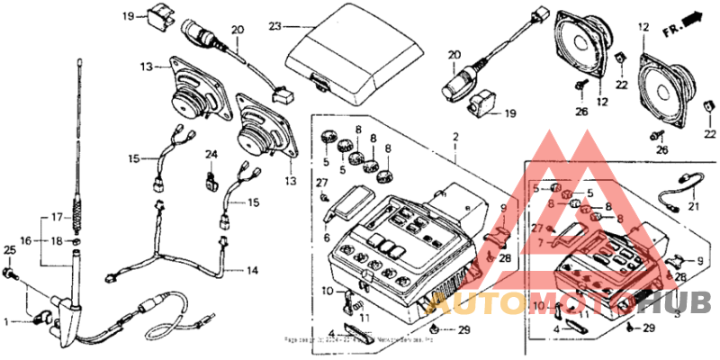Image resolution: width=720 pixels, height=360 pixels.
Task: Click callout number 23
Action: tap(274, 26)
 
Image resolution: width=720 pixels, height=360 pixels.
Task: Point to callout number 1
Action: tap(11, 320)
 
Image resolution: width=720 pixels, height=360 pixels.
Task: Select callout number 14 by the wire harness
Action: tap(252, 270)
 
